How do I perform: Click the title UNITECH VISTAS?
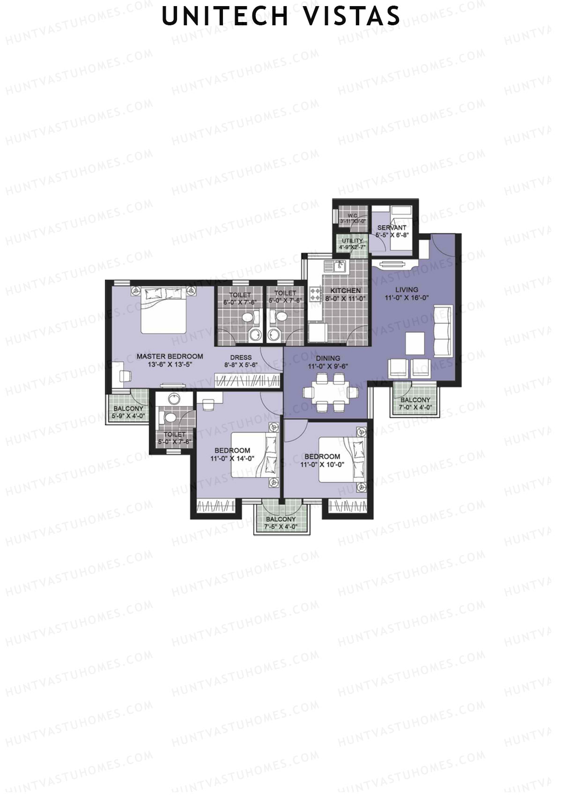click(x=281, y=16)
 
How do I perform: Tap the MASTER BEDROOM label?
click(x=170, y=357)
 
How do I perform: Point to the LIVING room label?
click(x=407, y=290)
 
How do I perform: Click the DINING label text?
click(x=327, y=359)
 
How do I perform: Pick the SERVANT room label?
click(x=392, y=228)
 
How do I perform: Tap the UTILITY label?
click(x=352, y=241)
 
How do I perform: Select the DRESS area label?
click(x=241, y=357)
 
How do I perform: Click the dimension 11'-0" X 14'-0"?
click(x=232, y=459)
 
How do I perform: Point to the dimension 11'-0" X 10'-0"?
click(x=323, y=464)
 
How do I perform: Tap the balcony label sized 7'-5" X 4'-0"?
click(x=281, y=519)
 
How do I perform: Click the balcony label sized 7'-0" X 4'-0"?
click(x=415, y=400)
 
